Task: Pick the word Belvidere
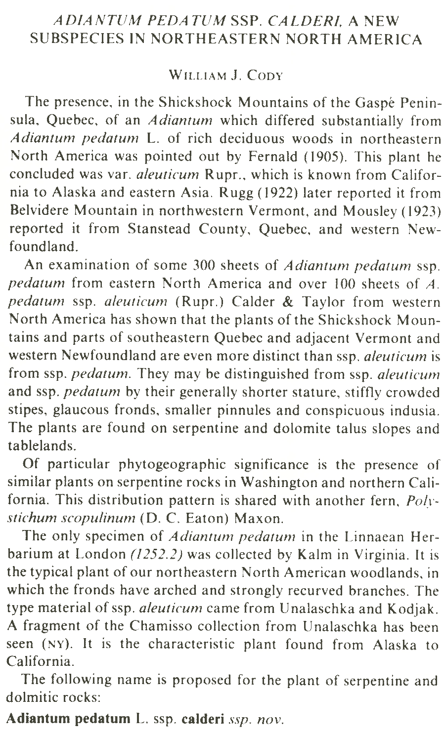(x=40, y=211)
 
